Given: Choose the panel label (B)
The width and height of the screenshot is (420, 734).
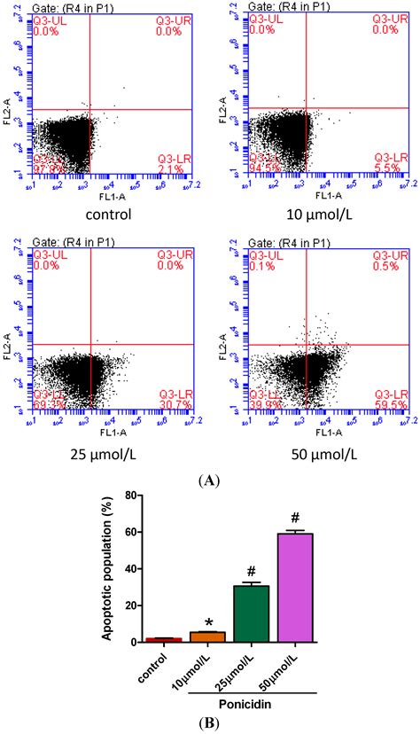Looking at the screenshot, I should coord(209,724).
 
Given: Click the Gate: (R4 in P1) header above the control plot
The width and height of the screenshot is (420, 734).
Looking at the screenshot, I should coord(71,7).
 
